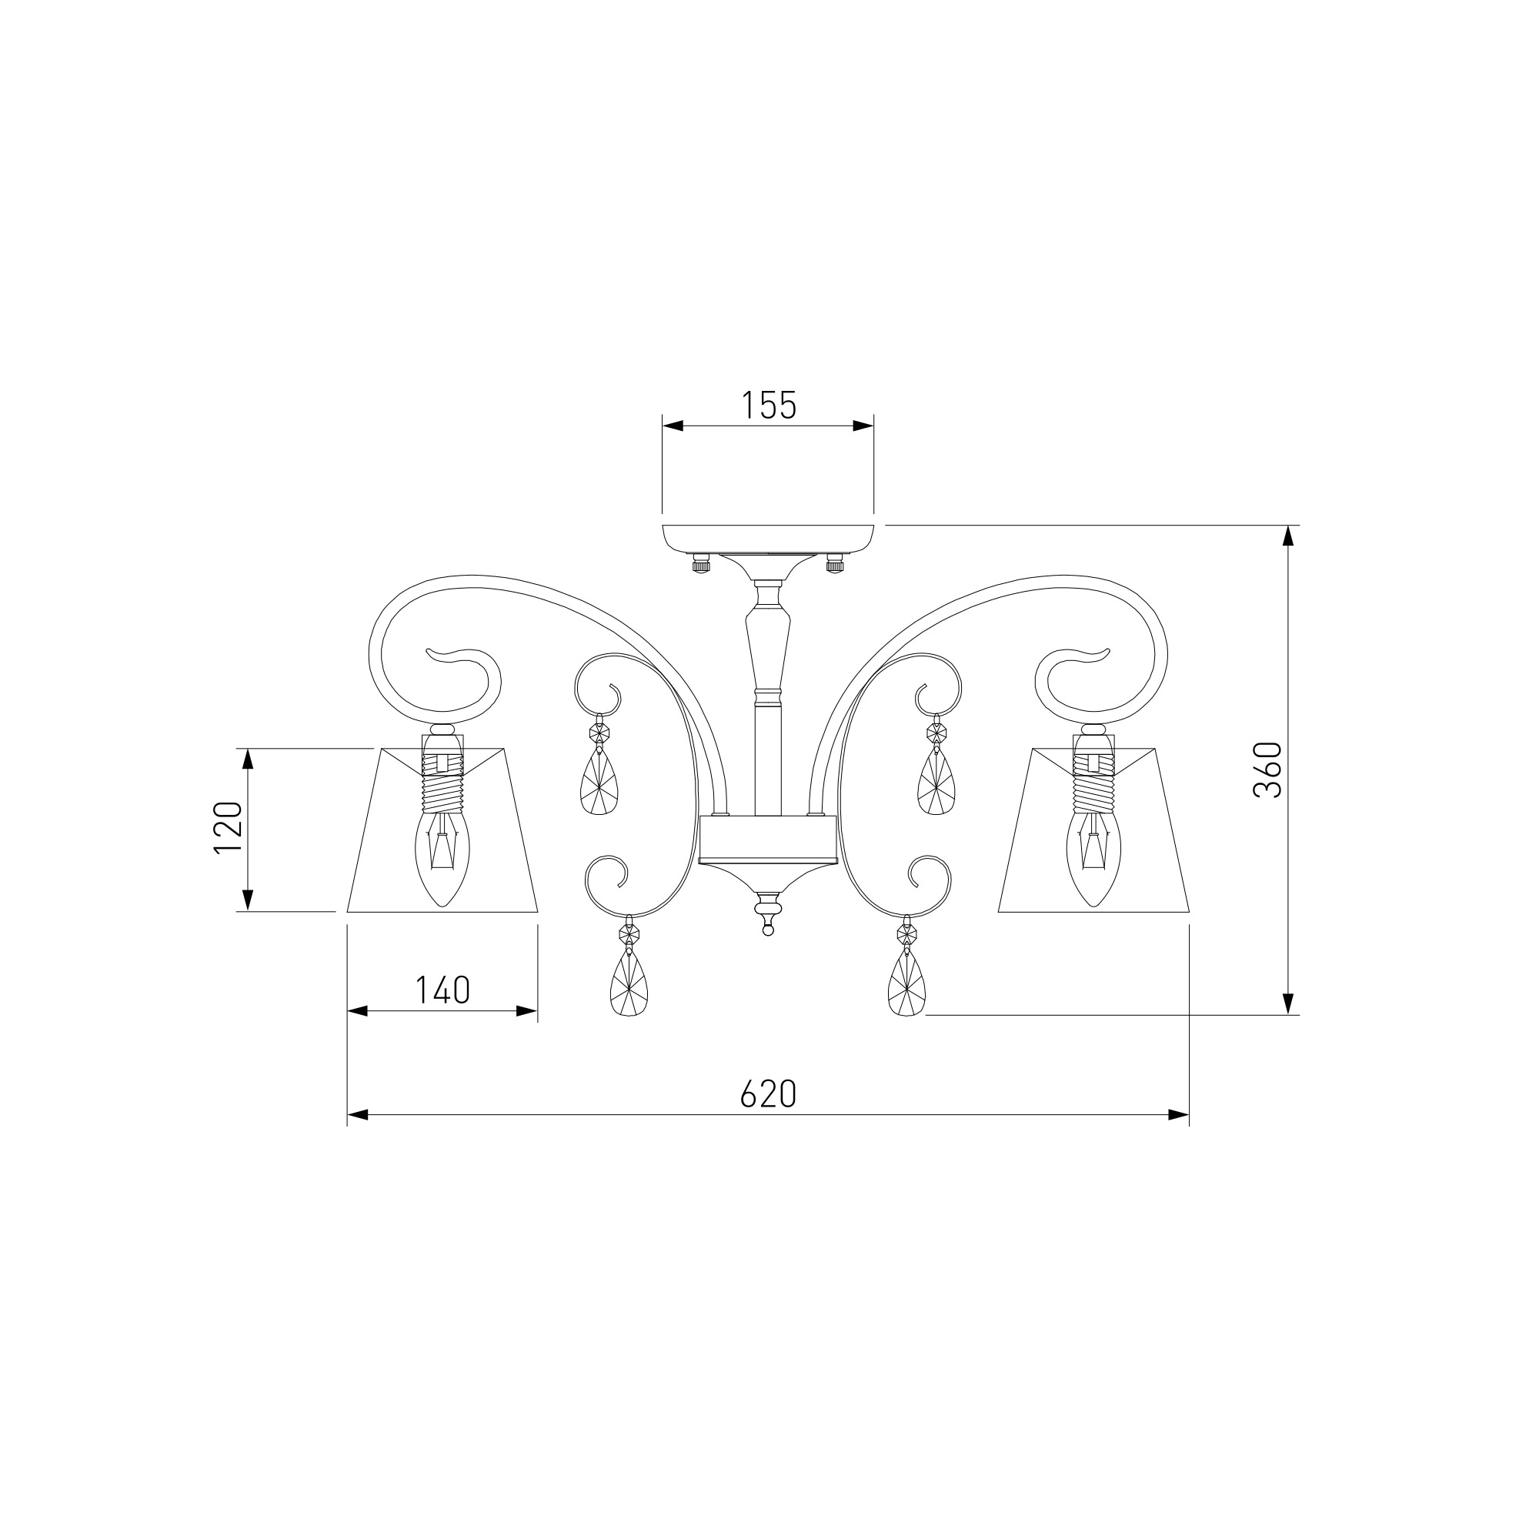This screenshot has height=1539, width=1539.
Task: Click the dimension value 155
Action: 769,406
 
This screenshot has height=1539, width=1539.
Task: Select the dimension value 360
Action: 1267,769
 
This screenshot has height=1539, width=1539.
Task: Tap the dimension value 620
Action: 768,1094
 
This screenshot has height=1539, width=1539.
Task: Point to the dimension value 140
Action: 442,990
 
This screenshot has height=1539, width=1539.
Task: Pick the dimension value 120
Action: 228,828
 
